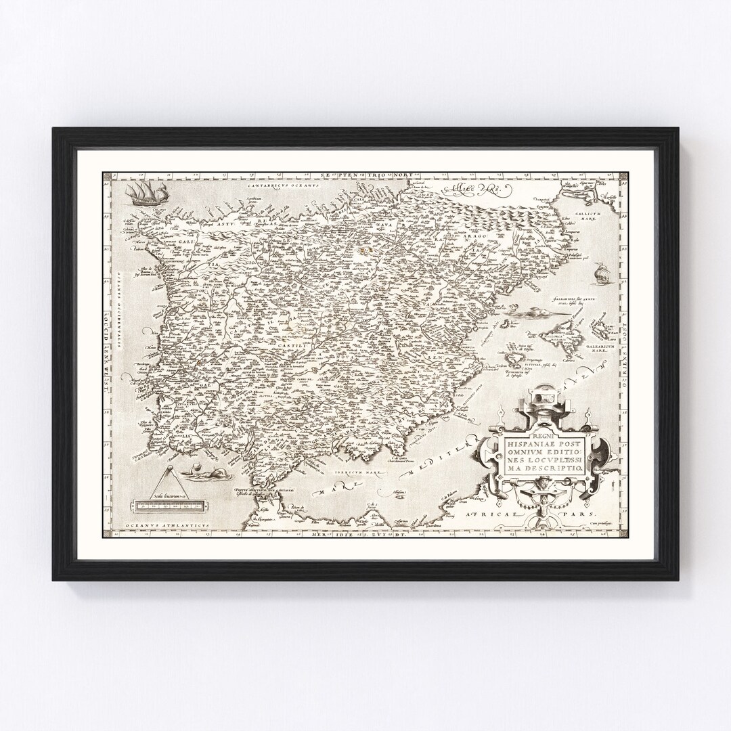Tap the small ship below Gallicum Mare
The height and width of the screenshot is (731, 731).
(x=598, y=273)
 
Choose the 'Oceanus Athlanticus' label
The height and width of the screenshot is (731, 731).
(x=148, y=526)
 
